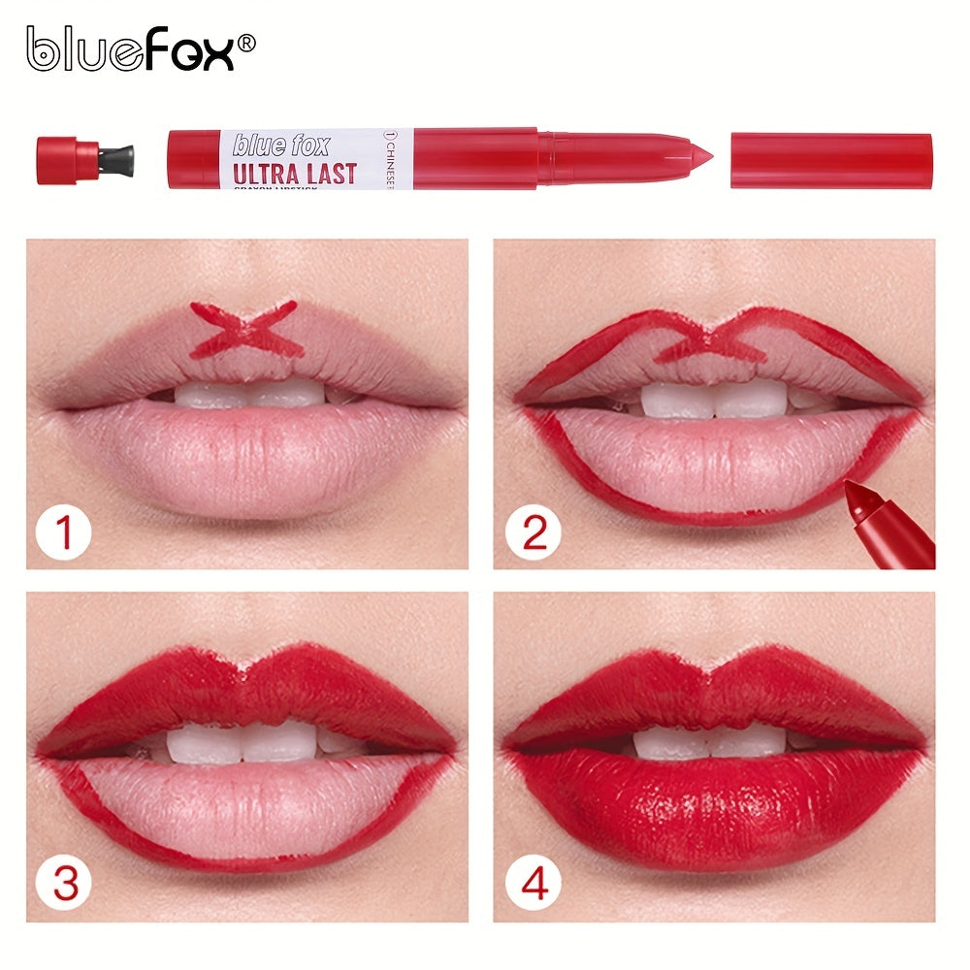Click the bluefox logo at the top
coord(132,49)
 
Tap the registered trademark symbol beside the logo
coord(246,42)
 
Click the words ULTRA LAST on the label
coord(294,175)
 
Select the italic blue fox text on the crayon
coord(281,145)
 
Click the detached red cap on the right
coord(830,160)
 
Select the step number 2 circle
coord(534,532)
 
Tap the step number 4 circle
coord(534,885)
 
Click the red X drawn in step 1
coord(243,328)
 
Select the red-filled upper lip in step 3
coord(247,694)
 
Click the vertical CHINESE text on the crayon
coord(405,158)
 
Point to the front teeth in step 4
coord(711,742)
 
